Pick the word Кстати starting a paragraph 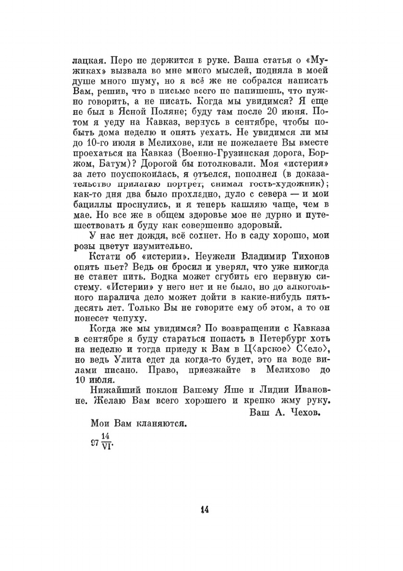point(104,256)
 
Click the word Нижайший point(112,390)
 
